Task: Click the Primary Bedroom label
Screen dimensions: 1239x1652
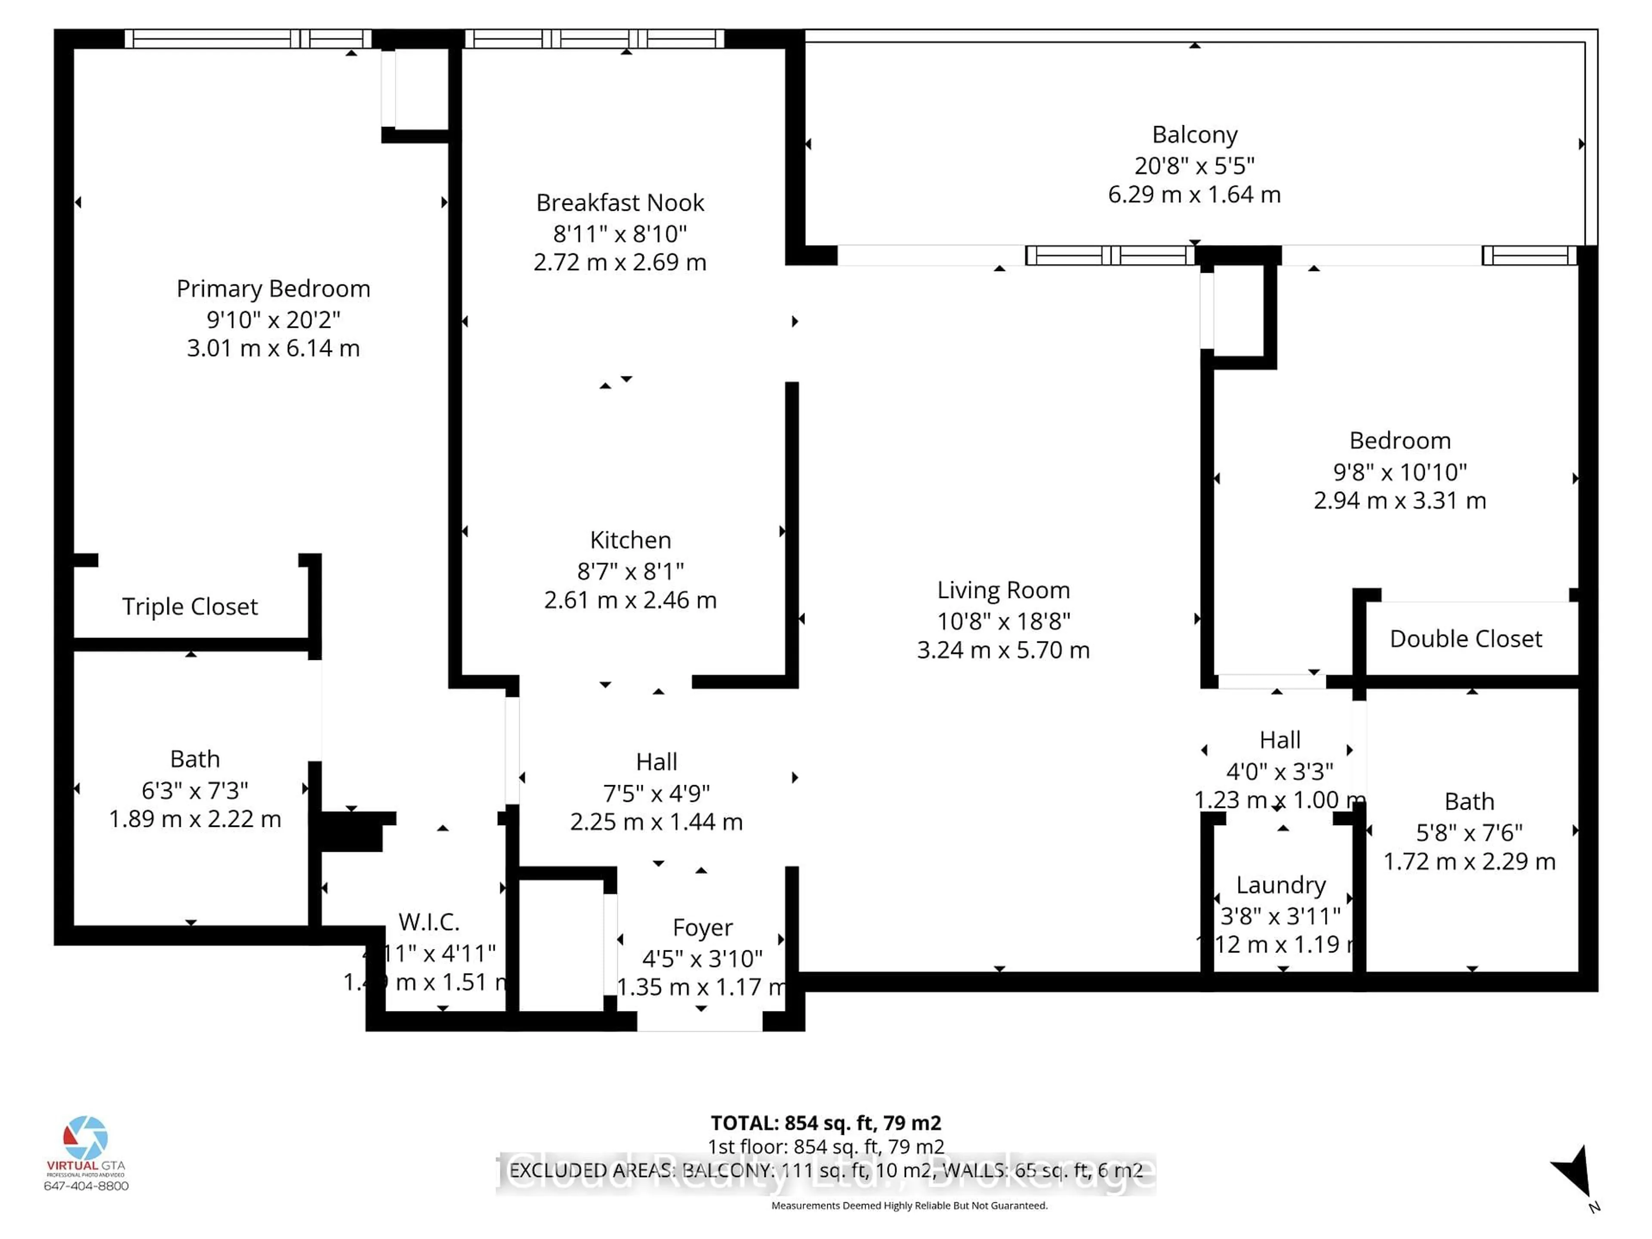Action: click(x=273, y=288)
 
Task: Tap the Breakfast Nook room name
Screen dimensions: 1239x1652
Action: click(x=620, y=202)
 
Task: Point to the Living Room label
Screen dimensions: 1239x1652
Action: click(x=1003, y=590)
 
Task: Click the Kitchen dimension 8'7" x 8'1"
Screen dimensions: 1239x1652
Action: click(x=630, y=571)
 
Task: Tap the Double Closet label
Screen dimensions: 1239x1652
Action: click(x=1465, y=638)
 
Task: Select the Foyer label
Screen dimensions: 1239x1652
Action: click(x=702, y=928)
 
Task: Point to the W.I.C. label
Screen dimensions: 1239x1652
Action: click(x=428, y=922)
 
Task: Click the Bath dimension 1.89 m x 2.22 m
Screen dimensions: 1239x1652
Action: click(x=195, y=819)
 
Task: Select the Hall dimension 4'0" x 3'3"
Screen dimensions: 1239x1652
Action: click(x=1279, y=771)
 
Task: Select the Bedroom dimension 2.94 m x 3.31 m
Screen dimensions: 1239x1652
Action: click(x=1399, y=500)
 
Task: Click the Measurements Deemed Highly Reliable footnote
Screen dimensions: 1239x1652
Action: click(x=909, y=1205)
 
